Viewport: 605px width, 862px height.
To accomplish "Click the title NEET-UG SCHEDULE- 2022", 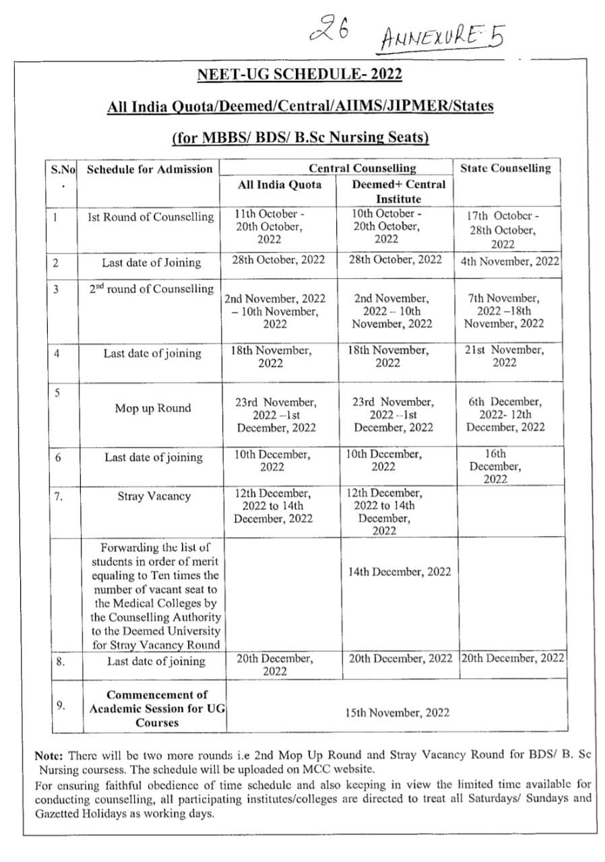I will point(299,74).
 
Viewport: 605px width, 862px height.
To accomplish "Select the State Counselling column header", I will point(505,168).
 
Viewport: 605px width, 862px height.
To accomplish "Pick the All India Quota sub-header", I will point(280,184).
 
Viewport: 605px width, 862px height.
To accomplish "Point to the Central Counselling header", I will point(362,168).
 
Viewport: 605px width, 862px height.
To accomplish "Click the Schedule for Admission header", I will point(150,169).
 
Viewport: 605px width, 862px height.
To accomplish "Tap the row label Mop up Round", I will point(152,408).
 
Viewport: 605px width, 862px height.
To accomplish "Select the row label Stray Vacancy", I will point(154,496).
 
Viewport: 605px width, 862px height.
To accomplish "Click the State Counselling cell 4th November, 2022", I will point(509,260).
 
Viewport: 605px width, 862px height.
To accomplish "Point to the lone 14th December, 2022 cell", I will point(400,572).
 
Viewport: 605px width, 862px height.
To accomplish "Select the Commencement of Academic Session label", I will point(157,708).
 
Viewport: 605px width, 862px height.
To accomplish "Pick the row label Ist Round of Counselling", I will point(151,217).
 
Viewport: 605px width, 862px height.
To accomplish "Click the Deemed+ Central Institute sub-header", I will point(398,191).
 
